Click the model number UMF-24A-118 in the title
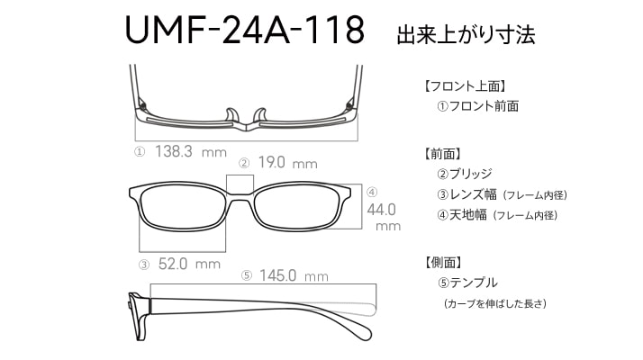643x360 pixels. (244, 30)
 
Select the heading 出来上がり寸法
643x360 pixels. (466, 34)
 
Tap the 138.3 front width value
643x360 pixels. (174, 151)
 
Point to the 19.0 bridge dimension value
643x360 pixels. (271, 162)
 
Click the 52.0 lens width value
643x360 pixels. (173, 264)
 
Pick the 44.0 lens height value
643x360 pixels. (381, 210)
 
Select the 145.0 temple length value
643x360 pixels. (277, 275)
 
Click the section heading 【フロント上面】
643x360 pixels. (465, 85)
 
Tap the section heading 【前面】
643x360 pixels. (443, 154)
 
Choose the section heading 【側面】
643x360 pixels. (443, 263)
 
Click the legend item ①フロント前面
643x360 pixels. (478, 106)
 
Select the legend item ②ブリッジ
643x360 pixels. (465, 174)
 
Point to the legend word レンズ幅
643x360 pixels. (473, 193)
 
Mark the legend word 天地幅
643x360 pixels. (468, 214)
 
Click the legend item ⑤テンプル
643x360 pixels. (467, 283)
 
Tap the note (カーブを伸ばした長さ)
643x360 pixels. (495, 304)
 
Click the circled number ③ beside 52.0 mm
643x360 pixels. (144, 265)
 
